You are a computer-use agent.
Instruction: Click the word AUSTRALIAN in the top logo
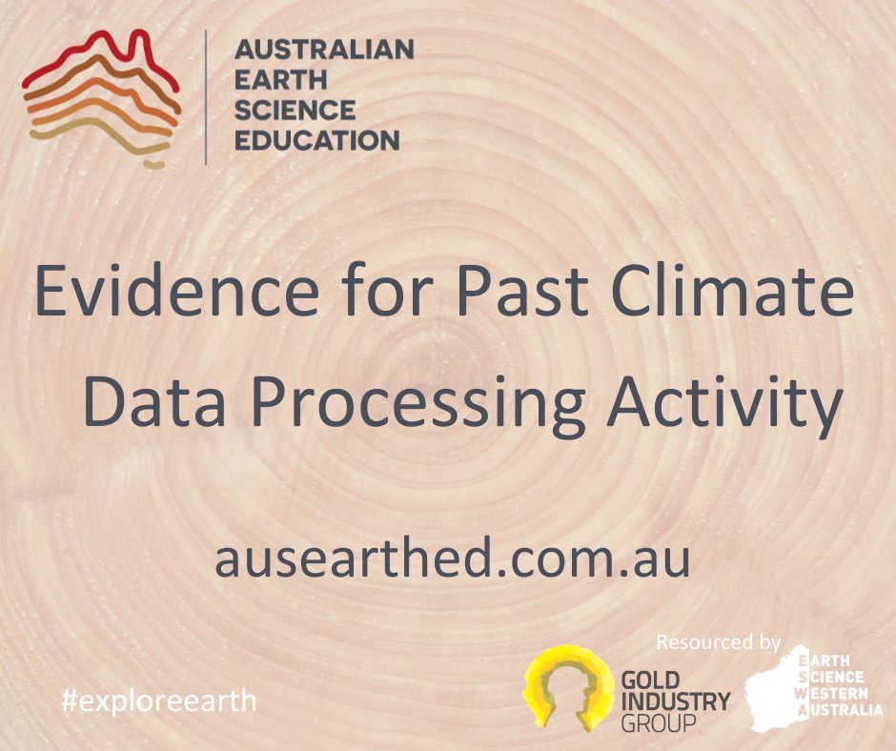[324, 50]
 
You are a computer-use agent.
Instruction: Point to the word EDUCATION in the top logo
[316, 141]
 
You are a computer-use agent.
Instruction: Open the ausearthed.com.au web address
[452, 558]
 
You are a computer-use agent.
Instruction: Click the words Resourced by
[719, 641]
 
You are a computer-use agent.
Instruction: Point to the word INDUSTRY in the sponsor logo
[675, 703]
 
